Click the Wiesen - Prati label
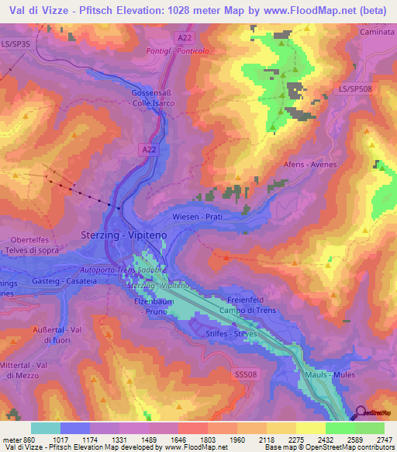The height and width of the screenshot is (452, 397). click(198, 217)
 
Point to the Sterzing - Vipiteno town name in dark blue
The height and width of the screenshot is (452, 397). click(119, 234)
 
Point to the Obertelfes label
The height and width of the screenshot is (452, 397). click(31, 239)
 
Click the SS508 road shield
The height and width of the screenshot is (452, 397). click(244, 374)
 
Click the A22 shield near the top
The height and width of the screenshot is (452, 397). click(184, 37)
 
